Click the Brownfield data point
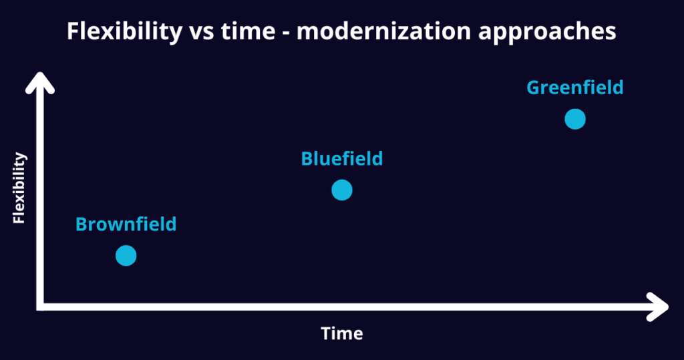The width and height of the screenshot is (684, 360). (x=126, y=256)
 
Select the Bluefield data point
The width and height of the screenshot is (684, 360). (x=342, y=190)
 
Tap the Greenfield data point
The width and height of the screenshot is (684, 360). (x=575, y=119)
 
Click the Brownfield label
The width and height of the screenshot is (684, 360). (x=126, y=224)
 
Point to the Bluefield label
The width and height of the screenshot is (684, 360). (x=342, y=159)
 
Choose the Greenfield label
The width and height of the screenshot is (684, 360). (x=575, y=87)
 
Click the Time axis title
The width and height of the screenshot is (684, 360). (x=342, y=334)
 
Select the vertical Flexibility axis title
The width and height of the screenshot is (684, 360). (x=19, y=188)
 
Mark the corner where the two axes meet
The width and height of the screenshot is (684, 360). (x=39, y=307)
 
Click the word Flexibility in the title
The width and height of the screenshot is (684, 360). (x=125, y=32)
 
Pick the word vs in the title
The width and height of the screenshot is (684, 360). (x=202, y=33)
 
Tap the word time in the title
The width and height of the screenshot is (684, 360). (x=248, y=32)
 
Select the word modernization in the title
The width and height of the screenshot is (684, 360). (x=384, y=32)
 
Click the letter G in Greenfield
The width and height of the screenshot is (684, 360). (x=534, y=87)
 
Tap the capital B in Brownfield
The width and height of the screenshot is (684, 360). (x=81, y=224)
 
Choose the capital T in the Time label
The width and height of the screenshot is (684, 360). (x=327, y=334)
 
